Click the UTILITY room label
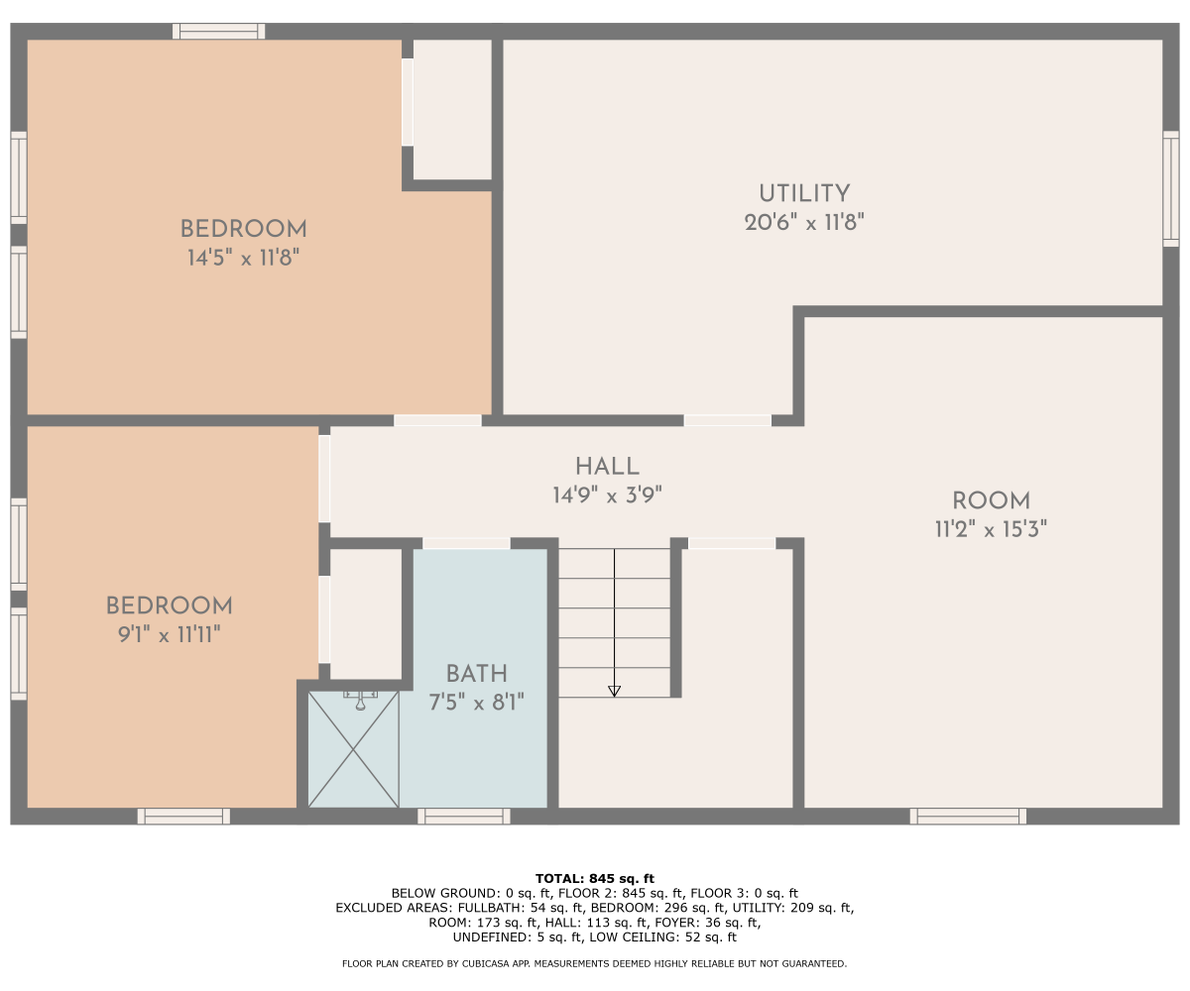point(804,193)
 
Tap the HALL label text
point(607,467)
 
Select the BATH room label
point(476,674)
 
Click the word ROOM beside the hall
point(991,501)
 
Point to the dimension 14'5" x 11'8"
point(243,258)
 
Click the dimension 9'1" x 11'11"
point(170,634)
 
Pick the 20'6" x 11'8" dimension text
point(804,222)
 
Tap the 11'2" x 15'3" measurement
point(991,529)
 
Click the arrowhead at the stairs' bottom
point(614,691)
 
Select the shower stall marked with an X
point(353,749)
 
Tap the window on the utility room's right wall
point(1170,188)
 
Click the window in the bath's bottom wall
point(464,817)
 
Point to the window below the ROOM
point(968,817)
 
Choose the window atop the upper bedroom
point(219,32)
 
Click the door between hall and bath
point(466,543)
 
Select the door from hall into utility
point(727,420)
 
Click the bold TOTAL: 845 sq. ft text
point(594,878)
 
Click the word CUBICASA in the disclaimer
point(486,963)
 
